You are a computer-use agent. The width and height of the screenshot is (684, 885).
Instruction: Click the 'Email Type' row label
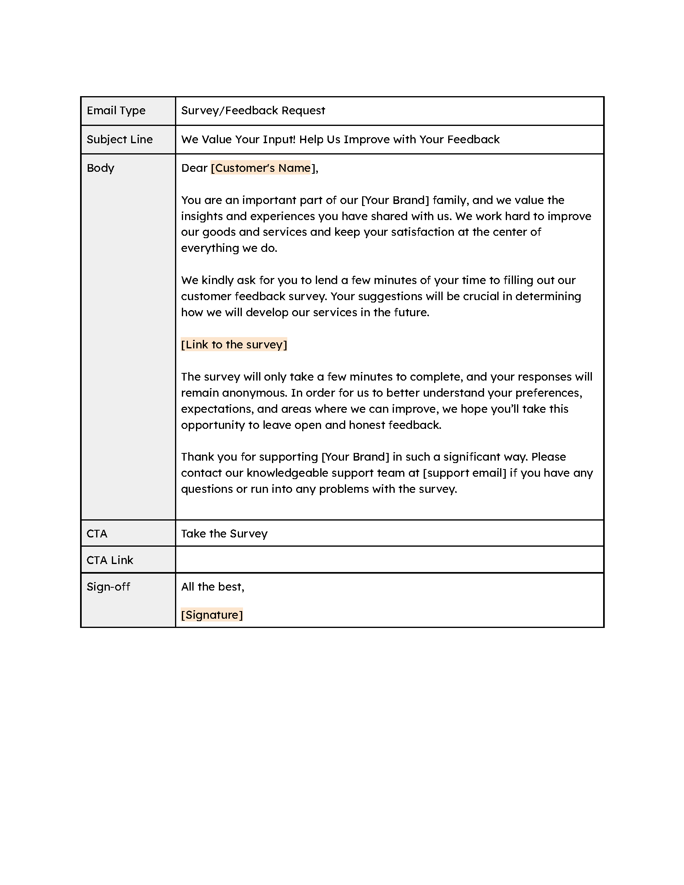[116, 111]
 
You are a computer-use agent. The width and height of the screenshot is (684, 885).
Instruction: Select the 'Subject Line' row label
[119, 140]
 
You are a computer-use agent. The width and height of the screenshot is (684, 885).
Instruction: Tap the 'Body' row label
[101, 168]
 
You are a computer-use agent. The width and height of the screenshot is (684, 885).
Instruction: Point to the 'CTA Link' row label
[110, 560]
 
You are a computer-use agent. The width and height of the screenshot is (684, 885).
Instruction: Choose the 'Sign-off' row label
[108, 587]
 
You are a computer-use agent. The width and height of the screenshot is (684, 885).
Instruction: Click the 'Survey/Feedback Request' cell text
[253, 111]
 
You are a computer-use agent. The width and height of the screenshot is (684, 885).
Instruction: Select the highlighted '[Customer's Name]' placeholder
[261, 168]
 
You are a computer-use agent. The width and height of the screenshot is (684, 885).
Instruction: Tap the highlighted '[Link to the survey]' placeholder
[234, 344]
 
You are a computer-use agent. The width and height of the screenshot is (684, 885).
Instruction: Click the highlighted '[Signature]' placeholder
[212, 615]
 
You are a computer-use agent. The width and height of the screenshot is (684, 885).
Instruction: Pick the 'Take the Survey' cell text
[224, 533]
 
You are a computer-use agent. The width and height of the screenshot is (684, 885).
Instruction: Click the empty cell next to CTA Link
[389, 560]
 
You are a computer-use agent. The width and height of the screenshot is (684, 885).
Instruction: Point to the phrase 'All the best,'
[213, 587]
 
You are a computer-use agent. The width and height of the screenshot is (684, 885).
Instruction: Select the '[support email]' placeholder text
[464, 473]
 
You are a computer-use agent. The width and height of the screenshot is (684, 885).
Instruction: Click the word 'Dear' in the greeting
[194, 168]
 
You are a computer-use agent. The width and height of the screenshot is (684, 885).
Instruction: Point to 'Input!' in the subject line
[279, 140]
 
